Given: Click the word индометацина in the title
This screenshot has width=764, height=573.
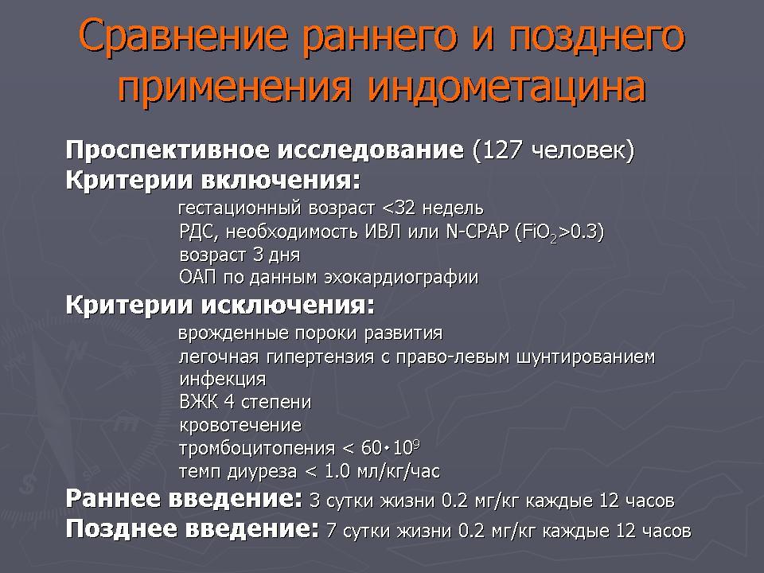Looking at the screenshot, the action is [x=507, y=87].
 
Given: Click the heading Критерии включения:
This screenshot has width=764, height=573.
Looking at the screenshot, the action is [x=213, y=180].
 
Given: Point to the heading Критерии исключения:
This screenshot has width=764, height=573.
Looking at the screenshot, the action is [x=220, y=305].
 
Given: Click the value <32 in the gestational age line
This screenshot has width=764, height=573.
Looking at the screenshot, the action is [x=399, y=209].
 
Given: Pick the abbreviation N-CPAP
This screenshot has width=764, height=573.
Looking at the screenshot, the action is [x=477, y=231].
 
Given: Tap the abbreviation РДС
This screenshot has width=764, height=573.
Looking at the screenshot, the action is [x=196, y=232].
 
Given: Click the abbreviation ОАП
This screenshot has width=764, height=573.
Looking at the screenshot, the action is [x=197, y=277].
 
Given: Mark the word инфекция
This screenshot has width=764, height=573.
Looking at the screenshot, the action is [x=223, y=379].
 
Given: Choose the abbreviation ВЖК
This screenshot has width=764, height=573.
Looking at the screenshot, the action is [x=198, y=402].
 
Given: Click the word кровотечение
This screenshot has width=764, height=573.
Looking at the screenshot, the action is [x=240, y=425].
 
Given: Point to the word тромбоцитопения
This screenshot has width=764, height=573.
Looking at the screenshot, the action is [x=257, y=448].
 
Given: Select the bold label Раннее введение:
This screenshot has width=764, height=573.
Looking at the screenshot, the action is [x=184, y=498].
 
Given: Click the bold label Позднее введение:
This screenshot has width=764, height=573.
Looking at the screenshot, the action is [x=193, y=528].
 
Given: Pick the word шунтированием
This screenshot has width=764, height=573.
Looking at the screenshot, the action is [x=585, y=357].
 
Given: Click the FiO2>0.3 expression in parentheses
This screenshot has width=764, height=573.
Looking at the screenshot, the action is [x=559, y=232].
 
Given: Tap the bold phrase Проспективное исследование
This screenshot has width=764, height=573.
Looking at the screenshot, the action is [x=264, y=150].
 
